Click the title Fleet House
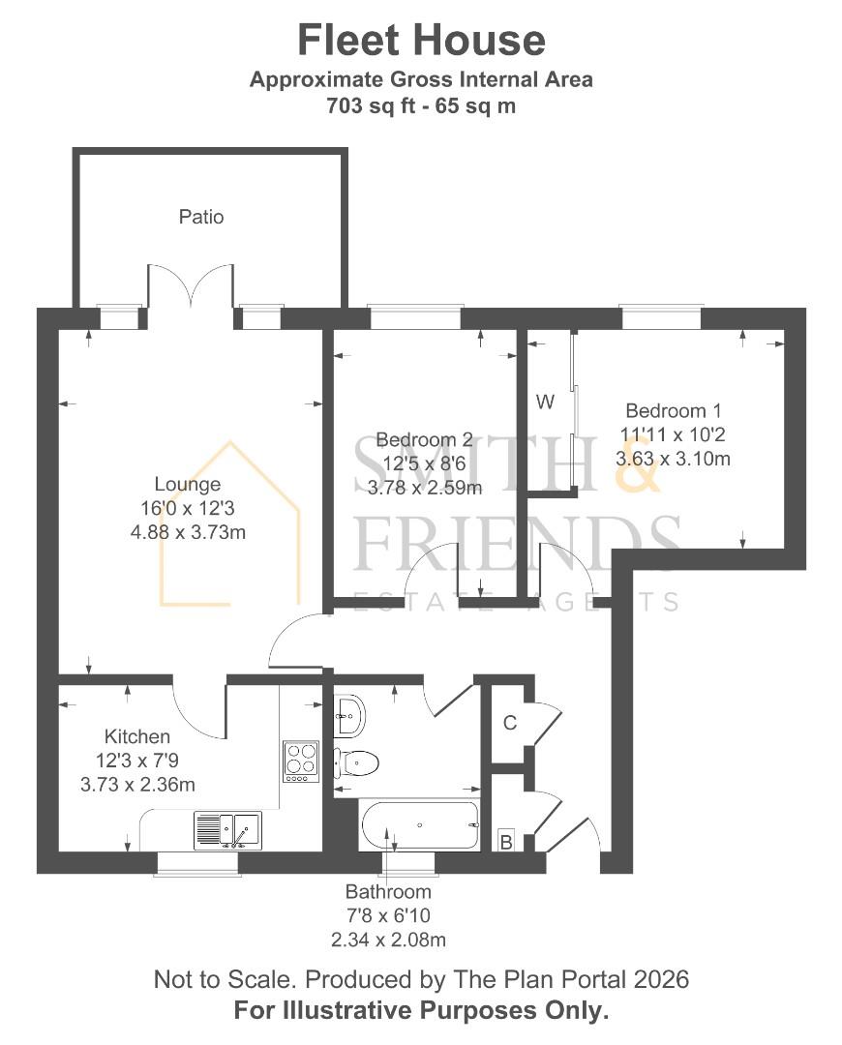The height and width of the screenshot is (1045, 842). (x=421, y=41)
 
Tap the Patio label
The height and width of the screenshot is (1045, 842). (x=201, y=217)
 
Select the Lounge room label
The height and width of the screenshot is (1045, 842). (x=188, y=484)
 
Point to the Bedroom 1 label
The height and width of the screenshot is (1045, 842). (x=673, y=410)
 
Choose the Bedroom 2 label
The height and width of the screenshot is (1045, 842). (x=424, y=437)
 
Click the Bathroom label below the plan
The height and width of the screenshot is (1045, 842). (x=388, y=891)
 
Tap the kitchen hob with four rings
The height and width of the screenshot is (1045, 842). (x=300, y=761)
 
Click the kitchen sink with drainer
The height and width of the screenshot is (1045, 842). (x=227, y=830)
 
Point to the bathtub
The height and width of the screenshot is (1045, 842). (x=420, y=826)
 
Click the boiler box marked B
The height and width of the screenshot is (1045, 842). (x=505, y=842)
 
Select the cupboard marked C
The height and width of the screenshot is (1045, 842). (x=509, y=723)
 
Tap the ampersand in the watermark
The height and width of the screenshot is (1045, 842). (x=640, y=464)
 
